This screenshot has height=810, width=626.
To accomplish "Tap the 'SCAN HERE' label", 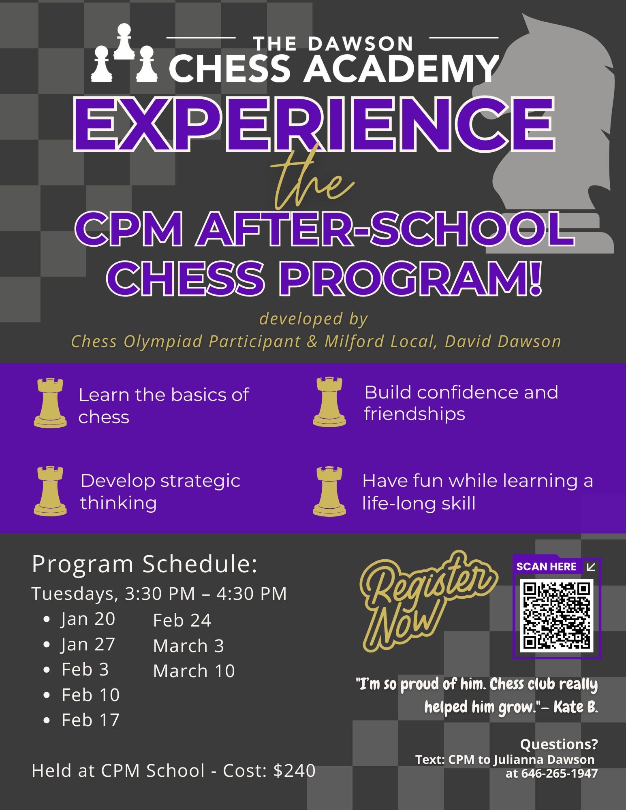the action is (x=546, y=567).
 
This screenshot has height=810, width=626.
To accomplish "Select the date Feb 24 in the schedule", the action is (x=182, y=620).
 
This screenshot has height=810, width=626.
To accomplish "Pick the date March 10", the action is (x=194, y=671).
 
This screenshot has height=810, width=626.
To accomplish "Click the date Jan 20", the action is (x=88, y=619).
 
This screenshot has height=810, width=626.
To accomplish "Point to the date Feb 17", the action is (x=90, y=720).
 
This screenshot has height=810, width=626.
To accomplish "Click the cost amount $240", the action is (x=295, y=770).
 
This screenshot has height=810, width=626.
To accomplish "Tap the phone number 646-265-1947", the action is (x=559, y=773).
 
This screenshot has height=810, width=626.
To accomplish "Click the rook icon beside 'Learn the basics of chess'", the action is (x=50, y=403).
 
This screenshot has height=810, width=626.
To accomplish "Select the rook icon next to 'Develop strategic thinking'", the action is (x=50, y=491).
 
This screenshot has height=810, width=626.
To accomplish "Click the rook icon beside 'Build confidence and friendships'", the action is (x=329, y=402).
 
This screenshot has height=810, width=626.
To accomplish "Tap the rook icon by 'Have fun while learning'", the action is (x=329, y=491).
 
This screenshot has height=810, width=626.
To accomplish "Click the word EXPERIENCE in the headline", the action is (x=314, y=124).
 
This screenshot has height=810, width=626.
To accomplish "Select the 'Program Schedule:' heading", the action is (x=145, y=564).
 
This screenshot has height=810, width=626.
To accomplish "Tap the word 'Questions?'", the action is (x=559, y=744).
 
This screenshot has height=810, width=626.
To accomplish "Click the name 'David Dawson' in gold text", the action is (x=503, y=341).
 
